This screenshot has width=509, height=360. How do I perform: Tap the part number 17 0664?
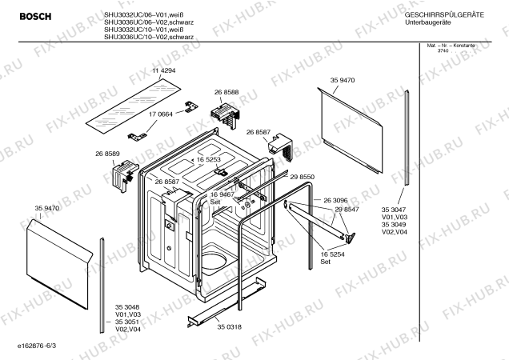tap(161, 114)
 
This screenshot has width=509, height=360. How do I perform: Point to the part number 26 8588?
tap(226, 93)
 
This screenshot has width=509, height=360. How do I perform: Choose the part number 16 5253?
tap(207, 160)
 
